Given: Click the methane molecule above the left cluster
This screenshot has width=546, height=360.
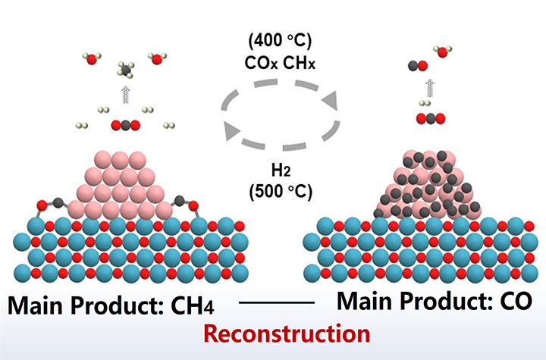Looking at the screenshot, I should [x=124, y=70].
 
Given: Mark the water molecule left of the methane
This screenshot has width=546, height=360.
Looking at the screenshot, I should [x=90, y=58].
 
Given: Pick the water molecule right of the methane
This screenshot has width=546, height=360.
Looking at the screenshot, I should [x=158, y=58].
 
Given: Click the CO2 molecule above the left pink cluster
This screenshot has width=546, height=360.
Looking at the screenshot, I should [x=124, y=126].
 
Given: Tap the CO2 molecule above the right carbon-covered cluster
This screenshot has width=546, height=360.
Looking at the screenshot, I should [x=429, y=118].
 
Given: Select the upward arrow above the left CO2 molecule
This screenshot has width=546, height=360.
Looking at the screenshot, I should [x=124, y=95].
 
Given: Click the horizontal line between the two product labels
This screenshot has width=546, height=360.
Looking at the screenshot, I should [x=276, y=302].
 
